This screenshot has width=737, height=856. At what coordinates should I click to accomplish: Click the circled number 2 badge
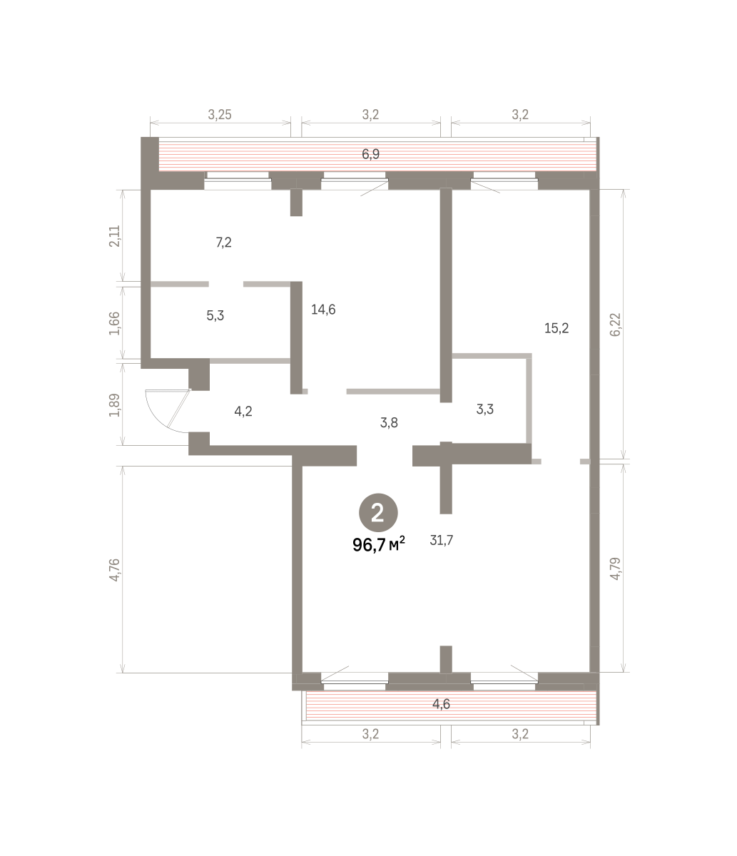tap(378, 513)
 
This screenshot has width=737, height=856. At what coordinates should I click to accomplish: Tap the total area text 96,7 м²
tap(379, 544)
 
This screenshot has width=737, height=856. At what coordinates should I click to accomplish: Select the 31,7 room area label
tap(441, 541)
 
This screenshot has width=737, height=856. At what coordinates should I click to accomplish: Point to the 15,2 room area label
tap(556, 328)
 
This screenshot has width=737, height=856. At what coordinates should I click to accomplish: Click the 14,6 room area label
tap(323, 310)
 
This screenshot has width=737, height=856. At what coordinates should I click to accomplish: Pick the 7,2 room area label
tap(224, 243)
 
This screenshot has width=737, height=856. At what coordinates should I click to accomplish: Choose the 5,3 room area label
tap(215, 315)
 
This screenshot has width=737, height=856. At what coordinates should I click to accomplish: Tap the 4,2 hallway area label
tap(243, 411)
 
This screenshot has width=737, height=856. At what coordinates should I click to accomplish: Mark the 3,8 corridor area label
tap(389, 422)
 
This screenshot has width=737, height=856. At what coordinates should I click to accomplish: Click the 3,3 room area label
tap(484, 409)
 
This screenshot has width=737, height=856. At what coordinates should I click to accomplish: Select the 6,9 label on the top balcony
tap(370, 154)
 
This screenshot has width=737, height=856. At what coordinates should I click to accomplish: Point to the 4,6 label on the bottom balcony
tap(441, 703)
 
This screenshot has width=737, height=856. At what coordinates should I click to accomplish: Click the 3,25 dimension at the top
tap(220, 114)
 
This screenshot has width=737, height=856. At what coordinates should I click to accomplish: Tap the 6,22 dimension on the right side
tap(616, 325)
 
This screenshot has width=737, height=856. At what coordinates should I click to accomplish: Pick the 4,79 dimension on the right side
tap(616, 569)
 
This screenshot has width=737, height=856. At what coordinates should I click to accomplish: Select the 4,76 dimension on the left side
tap(114, 570)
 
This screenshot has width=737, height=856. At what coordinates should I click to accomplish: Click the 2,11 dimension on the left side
tap(114, 236)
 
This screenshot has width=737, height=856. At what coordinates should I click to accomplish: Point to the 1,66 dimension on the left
tap(114, 323)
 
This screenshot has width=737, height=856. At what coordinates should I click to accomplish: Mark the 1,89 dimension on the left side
tap(114, 405)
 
